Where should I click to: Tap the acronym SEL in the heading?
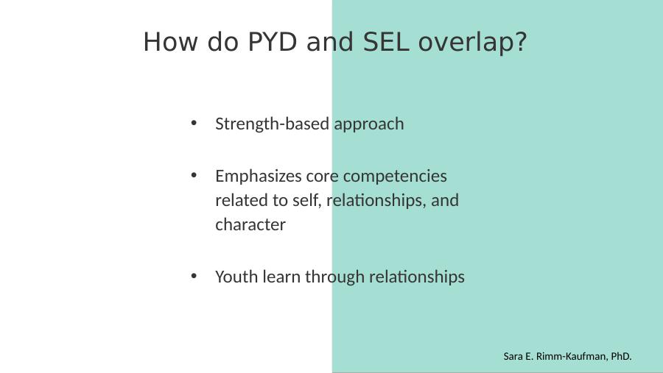click(386, 42)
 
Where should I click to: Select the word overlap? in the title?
click(473, 43)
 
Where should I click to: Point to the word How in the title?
click(170, 42)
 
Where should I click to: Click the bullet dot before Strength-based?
click(194, 123)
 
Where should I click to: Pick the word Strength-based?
click(273, 124)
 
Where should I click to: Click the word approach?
click(369, 125)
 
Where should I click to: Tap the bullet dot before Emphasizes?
click(194, 175)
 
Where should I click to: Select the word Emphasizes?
click(259, 177)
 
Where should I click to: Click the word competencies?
click(395, 177)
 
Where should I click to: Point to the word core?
click(322, 177)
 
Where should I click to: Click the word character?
click(250, 224)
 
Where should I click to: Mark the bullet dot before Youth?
click(194, 276)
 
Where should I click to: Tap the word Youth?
click(236, 277)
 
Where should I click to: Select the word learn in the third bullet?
click(281, 277)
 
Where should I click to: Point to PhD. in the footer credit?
click(621, 357)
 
